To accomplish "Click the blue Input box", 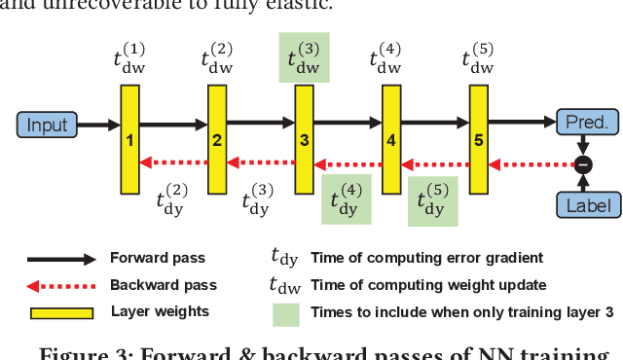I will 47,125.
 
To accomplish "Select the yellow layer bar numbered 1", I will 129,138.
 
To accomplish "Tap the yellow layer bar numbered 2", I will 216,138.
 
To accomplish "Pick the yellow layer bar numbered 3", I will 304,138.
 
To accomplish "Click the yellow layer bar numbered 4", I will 390,138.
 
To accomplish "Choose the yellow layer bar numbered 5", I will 477,138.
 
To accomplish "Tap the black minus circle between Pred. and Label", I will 583,163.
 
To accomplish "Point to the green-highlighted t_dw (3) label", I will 304,57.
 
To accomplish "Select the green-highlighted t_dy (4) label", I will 347,199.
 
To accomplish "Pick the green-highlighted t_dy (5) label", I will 432,199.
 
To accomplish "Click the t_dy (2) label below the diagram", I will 173,199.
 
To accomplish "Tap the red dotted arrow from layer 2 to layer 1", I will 172,162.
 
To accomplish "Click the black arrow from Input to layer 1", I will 96,125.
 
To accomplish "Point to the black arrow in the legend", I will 60,260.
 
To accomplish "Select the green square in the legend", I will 285,313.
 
